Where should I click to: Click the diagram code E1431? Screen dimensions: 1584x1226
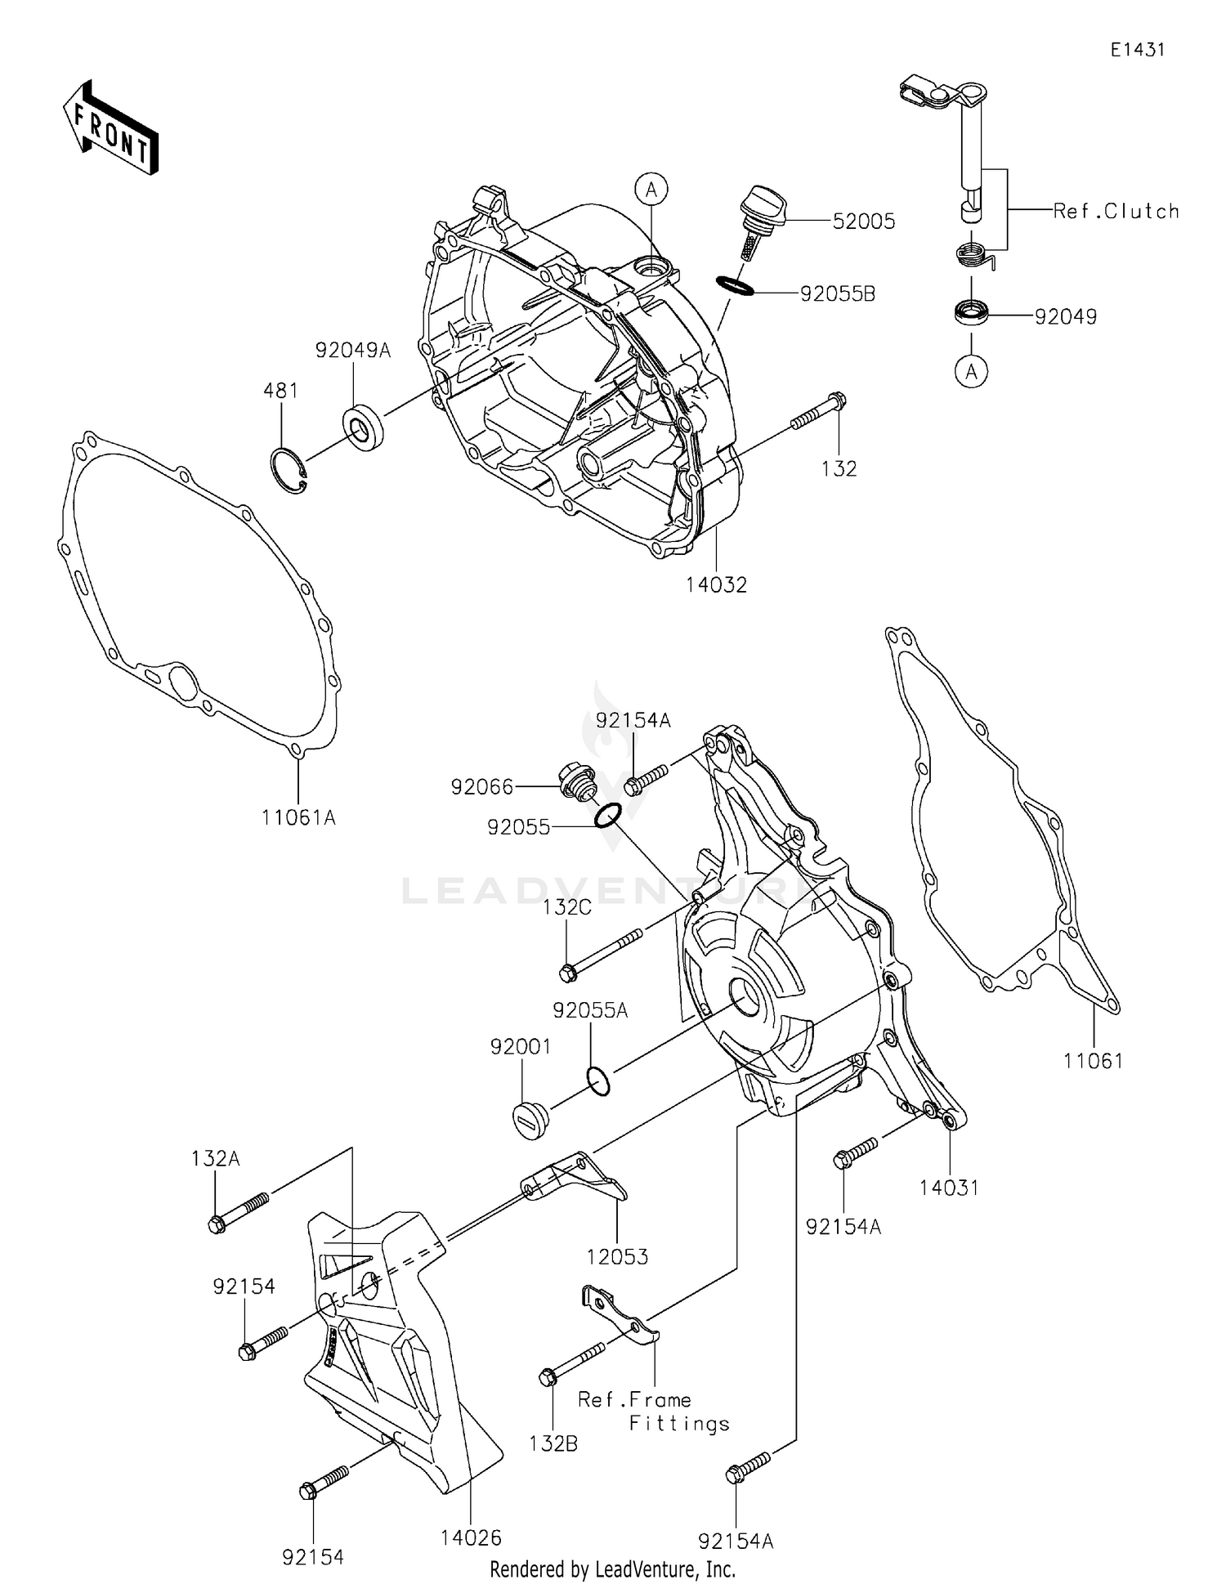pyautogui.click(x=1137, y=50)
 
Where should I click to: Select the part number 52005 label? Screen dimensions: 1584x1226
pyautogui.click(x=863, y=221)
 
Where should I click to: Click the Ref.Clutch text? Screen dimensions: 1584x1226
pyautogui.click(x=1116, y=211)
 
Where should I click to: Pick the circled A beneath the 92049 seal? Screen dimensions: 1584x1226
pyautogui.click(x=971, y=372)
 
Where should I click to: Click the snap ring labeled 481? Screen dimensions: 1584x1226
pyautogui.click(x=289, y=471)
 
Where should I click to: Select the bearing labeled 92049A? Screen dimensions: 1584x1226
pyautogui.click(x=361, y=429)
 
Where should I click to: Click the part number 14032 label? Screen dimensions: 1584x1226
pyautogui.click(x=716, y=584)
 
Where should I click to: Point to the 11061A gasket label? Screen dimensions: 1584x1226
pyautogui.click(x=298, y=817)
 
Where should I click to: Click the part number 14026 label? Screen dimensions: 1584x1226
pyautogui.click(x=471, y=1537)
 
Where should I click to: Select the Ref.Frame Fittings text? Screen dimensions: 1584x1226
pyautogui.click(x=652, y=1411)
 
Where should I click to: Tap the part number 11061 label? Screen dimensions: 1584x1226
pyautogui.click(x=1093, y=1061)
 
